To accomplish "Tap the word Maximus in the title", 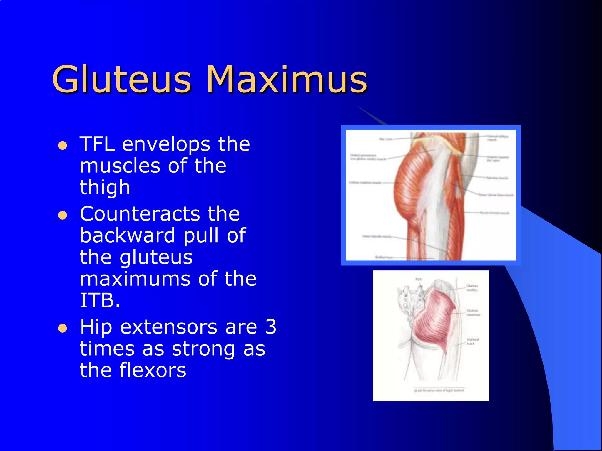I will click(x=287, y=79).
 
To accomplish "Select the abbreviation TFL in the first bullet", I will click(x=97, y=144).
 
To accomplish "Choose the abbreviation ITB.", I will click(x=100, y=301).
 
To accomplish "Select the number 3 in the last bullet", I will click(x=270, y=327).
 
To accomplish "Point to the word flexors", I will click(x=153, y=370).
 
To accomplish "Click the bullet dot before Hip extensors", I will click(x=63, y=328).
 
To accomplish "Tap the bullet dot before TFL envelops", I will click(x=63, y=146).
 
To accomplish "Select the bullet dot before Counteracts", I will click(x=63, y=216).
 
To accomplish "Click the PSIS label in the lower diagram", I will click(x=419, y=279).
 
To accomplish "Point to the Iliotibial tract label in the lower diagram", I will click(x=473, y=341).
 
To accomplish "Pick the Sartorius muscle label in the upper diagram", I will click(x=497, y=178).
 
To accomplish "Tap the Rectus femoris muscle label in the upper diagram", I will click(x=494, y=213).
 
